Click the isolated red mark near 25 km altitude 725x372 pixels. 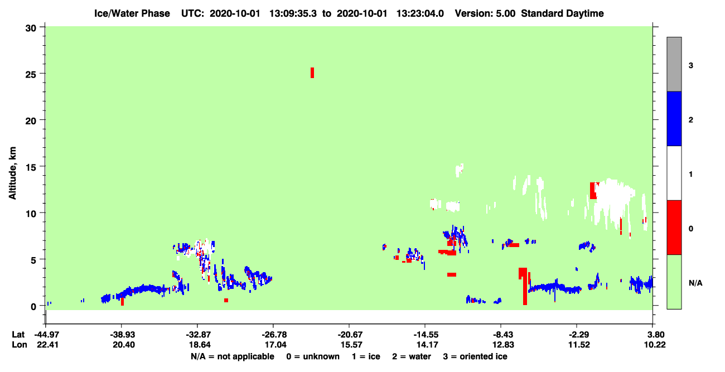[312, 73]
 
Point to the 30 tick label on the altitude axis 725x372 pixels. [31, 28]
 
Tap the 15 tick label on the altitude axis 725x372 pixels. [31, 167]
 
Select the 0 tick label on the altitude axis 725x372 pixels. [33, 307]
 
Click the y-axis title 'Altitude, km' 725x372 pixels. [12, 173]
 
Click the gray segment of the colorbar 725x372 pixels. [674, 64]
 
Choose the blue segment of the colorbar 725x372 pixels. [674, 118]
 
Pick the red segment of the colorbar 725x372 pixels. [674, 228]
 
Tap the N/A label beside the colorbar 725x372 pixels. [695, 283]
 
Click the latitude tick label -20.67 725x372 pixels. [350, 335]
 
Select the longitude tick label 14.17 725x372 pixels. [427, 345]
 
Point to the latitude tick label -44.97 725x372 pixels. [47, 335]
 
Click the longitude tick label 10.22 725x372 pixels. [654, 345]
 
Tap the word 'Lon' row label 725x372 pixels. [20, 345]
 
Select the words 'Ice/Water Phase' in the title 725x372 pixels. [132, 13]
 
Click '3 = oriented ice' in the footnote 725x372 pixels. [475, 356]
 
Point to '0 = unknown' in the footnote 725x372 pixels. [313, 356]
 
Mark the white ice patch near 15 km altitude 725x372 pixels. [460, 170]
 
